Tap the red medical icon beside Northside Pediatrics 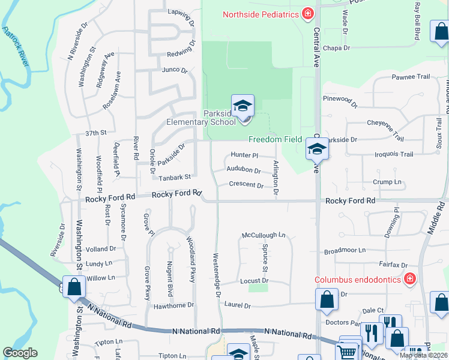(x=308, y=13)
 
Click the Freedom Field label (x=275, y=139)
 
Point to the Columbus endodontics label (x=358, y=280)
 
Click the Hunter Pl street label (x=244, y=155)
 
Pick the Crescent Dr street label (x=247, y=185)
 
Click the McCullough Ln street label (x=264, y=235)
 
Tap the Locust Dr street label (x=254, y=281)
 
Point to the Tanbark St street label (x=174, y=177)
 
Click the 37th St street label (x=95, y=133)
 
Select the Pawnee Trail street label (x=411, y=77)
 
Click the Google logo (x=20, y=353)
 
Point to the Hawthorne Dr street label (x=173, y=305)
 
